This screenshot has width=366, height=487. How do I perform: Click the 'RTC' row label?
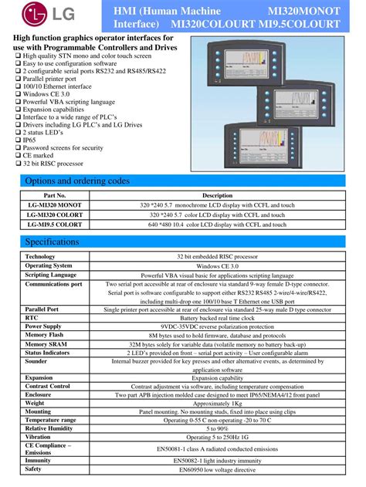click(32, 317)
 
